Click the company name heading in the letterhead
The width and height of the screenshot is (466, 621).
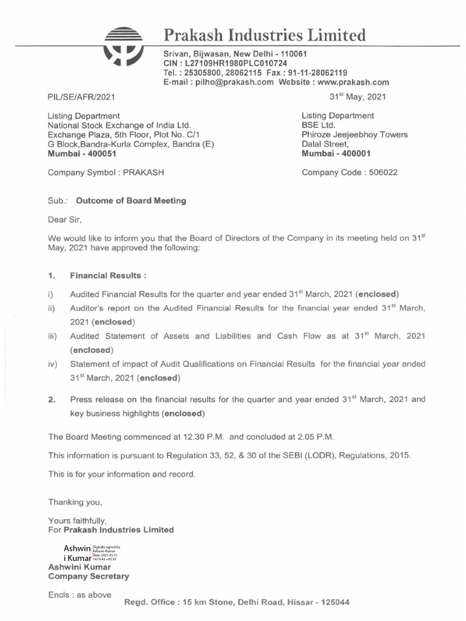pyautogui.click(x=265, y=35)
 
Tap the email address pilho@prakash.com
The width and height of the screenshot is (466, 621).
pyautogui.click(x=233, y=82)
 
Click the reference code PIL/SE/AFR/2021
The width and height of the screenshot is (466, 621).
pyautogui.click(x=81, y=96)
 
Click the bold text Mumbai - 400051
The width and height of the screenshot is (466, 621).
pyautogui.click(x=82, y=154)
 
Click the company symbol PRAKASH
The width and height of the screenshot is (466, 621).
pyautogui.click(x=143, y=172)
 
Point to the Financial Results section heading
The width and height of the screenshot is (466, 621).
pyautogui.click(x=108, y=275)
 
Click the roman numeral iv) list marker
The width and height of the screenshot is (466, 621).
pyautogui.click(x=53, y=364)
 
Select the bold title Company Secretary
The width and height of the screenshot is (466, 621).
pyautogui.click(x=89, y=576)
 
